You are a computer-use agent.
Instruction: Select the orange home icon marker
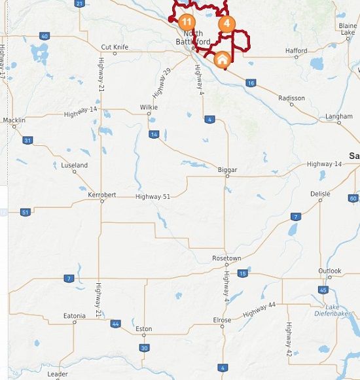222,60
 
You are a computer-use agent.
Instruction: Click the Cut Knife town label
115,46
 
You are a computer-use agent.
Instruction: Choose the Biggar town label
227,170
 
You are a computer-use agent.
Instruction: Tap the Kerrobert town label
101,195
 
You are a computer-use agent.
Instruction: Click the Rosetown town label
226,258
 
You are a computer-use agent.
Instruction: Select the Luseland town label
74,165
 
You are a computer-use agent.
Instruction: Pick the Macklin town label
14,120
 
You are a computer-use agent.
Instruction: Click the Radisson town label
291,98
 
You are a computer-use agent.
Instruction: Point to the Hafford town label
297,50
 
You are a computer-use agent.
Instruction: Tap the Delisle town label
320,194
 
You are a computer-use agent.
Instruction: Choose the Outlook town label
330,271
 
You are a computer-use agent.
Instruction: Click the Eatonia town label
74,316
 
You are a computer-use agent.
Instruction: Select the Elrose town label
222,320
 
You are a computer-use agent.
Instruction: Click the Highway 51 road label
153,196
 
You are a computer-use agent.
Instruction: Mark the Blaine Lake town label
348,29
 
